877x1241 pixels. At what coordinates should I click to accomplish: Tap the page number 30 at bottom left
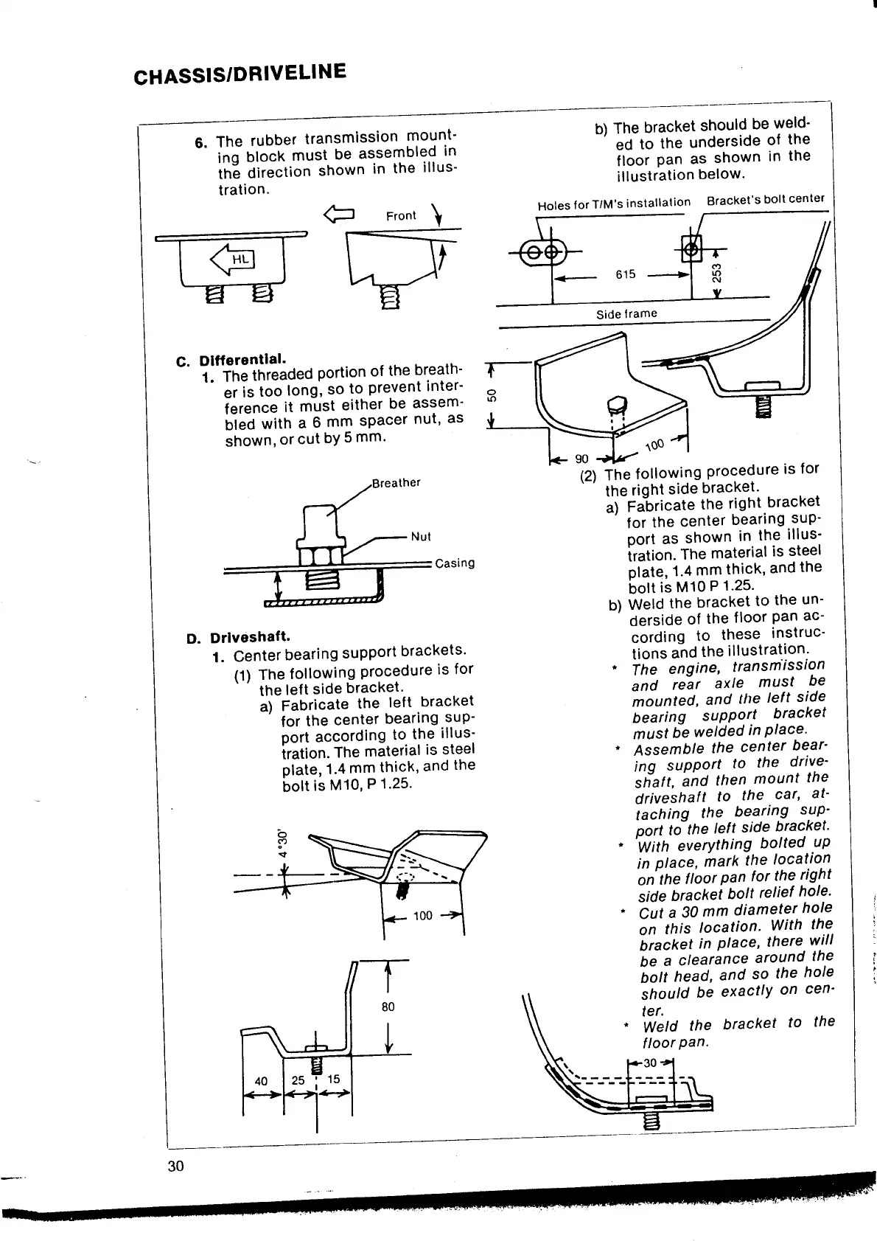[175, 1166]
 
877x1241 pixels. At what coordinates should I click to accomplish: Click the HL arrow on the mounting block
[232, 259]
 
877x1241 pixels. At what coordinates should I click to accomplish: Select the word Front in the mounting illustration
[401, 215]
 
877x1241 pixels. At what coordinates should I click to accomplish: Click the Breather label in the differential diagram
[396, 483]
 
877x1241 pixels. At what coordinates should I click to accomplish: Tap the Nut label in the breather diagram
[420, 536]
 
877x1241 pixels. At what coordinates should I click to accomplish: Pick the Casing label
[455, 563]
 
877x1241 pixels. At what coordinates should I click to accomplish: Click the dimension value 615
[625, 274]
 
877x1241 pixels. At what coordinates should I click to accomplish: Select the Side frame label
[626, 313]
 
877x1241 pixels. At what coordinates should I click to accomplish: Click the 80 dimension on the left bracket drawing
[388, 1007]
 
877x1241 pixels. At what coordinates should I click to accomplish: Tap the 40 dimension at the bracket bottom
[261, 1080]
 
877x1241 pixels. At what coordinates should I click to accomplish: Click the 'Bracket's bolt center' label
[765, 200]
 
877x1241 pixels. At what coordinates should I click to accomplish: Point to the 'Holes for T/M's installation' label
[614, 203]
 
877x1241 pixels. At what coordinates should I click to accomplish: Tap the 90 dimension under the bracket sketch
[582, 459]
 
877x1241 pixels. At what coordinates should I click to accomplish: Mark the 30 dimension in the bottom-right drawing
[649, 1063]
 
